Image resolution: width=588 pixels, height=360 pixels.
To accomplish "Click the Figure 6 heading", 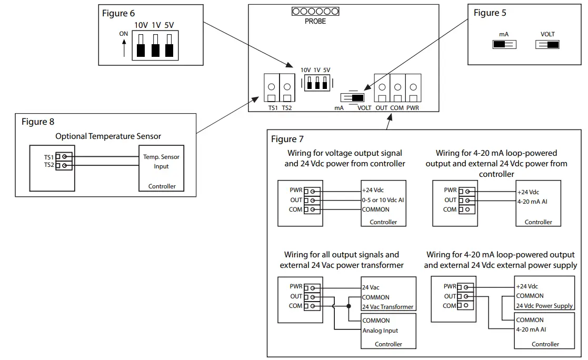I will tap(115, 14).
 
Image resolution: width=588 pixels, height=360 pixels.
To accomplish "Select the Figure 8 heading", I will tap(38, 122).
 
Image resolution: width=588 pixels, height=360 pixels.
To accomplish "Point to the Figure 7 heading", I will tap(287, 139).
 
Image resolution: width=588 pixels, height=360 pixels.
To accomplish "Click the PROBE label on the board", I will tap(315, 22).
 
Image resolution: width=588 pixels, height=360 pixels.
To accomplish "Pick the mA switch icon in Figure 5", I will tap(504, 45).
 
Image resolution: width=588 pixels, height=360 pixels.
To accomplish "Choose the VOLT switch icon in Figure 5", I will tap(547, 45).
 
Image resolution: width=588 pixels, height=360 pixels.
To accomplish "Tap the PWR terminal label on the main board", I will tap(413, 108).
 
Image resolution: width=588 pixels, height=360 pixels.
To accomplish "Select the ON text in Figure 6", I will tap(124, 34).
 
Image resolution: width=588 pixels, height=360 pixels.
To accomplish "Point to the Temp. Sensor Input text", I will tap(161, 162).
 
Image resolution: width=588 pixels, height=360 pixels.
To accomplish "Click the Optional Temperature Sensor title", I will tap(108, 136).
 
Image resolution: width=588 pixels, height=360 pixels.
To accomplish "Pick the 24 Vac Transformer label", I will tap(387, 307).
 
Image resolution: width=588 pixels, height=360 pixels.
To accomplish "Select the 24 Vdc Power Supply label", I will tap(544, 306).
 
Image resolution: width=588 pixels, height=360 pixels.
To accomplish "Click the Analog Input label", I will tap(380, 331).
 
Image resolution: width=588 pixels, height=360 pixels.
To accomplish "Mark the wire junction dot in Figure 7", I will tap(348, 306).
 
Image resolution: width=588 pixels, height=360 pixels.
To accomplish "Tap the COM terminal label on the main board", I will tap(397, 108).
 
